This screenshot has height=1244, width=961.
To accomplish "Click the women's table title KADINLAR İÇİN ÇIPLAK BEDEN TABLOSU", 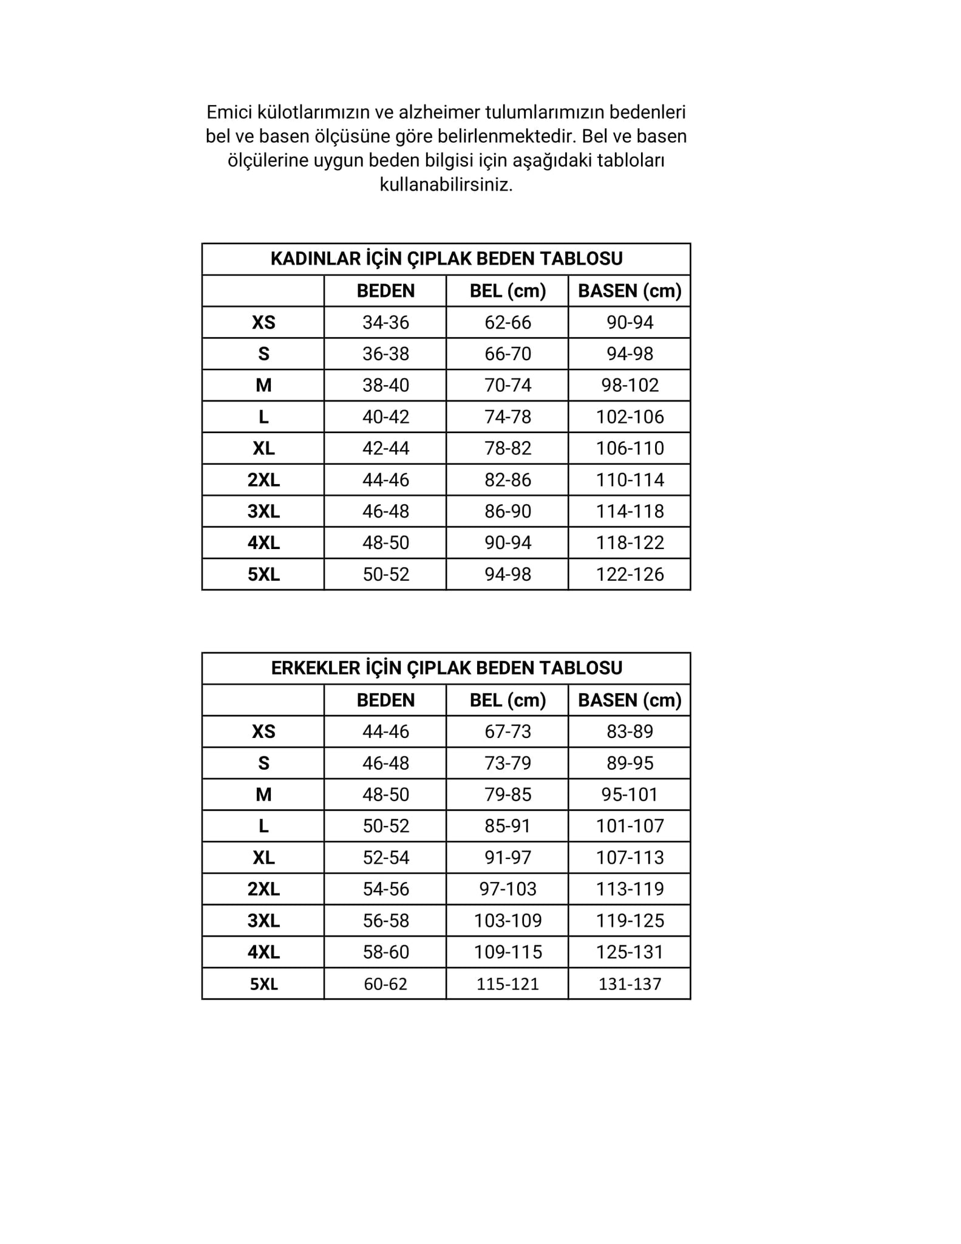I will pyautogui.click(x=446, y=259).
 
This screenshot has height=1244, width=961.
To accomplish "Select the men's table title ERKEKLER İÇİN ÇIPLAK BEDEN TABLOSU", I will pyautogui.click(x=446, y=668).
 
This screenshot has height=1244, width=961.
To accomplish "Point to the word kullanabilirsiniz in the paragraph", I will pyautogui.click(x=446, y=185).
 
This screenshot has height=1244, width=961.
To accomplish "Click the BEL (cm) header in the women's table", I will pyautogui.click(x=508, y=291).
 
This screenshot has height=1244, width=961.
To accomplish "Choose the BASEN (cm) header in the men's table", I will pyautogui.click(x=630, y=700).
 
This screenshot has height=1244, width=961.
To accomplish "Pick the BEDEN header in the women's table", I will pyautogui.click(x=385, y=291).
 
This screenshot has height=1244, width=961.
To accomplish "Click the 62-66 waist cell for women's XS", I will pyautogui.click(x=508, y=323).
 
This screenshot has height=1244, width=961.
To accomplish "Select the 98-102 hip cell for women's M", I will pyautogui.click(x=630, y=385).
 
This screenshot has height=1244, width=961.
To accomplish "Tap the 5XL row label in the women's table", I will pyautogui.click(x=263, y=575).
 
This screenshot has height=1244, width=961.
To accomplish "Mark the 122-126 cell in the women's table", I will pyautogui.click(x=630, y=575).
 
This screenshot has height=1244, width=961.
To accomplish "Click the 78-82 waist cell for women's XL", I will pyautogui.click(x=508, y=448).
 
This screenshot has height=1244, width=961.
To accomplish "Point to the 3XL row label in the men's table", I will pyautogui.click(x=263, y=921).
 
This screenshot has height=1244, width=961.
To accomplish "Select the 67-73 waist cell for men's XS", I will pyautogui.click(x=508, y=731).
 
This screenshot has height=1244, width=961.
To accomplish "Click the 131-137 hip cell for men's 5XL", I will pyautogui.click(x=630, y=984).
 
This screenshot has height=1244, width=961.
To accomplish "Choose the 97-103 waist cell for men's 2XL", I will pyautogui.click(x=508, y=889).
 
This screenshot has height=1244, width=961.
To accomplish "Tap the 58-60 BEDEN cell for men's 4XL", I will pyautogui.click(x=385, y=952).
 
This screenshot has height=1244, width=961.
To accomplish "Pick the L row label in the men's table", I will pyautogui.click(x=263, y=826).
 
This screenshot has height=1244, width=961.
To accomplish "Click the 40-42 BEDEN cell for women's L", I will pyautogui.click(x=385, y=417).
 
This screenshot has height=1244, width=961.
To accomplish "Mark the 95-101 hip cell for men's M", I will pyautogui.click(x=630, y=795).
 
